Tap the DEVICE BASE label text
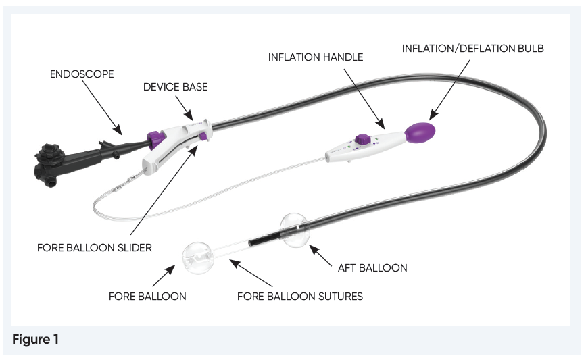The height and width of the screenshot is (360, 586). pos(170,87)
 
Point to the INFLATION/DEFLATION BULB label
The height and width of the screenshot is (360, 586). pos(473,49)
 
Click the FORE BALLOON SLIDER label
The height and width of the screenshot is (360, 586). pos(94,248)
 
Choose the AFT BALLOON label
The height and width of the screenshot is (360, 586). pos(372,268)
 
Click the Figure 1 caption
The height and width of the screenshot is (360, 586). pos(35,340)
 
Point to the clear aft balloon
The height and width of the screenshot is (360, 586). pos(297,230)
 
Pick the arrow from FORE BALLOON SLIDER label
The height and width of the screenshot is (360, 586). pos(166,188)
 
